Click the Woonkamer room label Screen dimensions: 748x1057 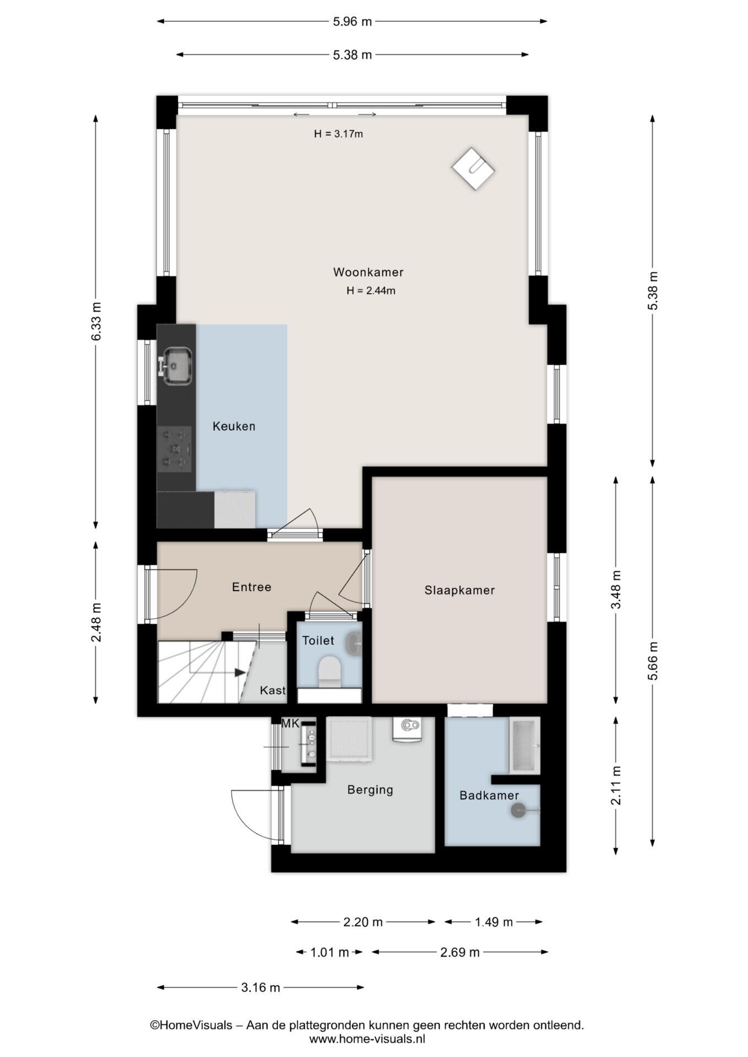pyautogui.click(x=368, y=272)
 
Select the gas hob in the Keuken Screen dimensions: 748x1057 pyautogui.click(x=175, y=449)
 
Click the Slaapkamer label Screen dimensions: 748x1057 pyautogui.click(x=459, y=590)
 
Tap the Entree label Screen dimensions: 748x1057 pyautogui.click(x=252, y=587)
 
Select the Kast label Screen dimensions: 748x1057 pyautogui.click(x=273, y=690)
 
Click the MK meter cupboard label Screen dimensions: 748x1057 pyautogui.click(x=290, y=723)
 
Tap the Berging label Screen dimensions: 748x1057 pyautogui.click(x=370, y=790)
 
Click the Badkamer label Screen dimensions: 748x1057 pyautogui.click(x=489, y=795)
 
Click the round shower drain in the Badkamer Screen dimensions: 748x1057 pyautogui.click(x=519, y=810)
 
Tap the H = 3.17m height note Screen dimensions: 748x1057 pyautogui.click(x=338, y=133)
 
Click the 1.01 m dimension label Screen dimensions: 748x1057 pyautogui.click(x=329, y=952)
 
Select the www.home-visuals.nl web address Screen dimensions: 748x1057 pyautogui.click(x=367, y=1039)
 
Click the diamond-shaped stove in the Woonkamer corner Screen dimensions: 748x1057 pyautogui.click(x=473, y=169)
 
